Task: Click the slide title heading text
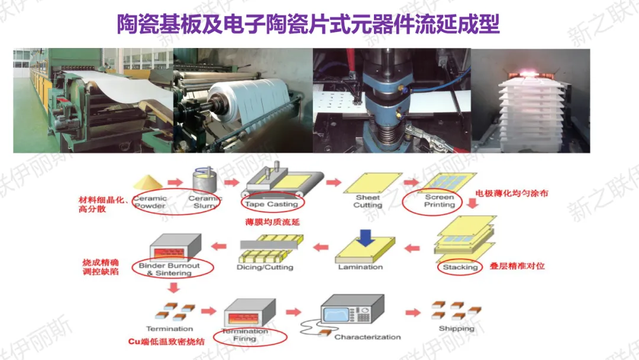[x=308, y=25]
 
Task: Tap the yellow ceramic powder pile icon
[x=149, y=182]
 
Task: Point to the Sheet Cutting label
[x=367, y=201]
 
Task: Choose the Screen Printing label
[x=440, y=201]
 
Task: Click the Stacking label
[x=460, y=267]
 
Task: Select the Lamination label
[x=360, y=267]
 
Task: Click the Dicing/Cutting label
[x=264, y=267]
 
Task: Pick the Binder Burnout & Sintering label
[x=169, y=269]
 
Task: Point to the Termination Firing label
[x=244, y=335]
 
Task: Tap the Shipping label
[x=456, y=329]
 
